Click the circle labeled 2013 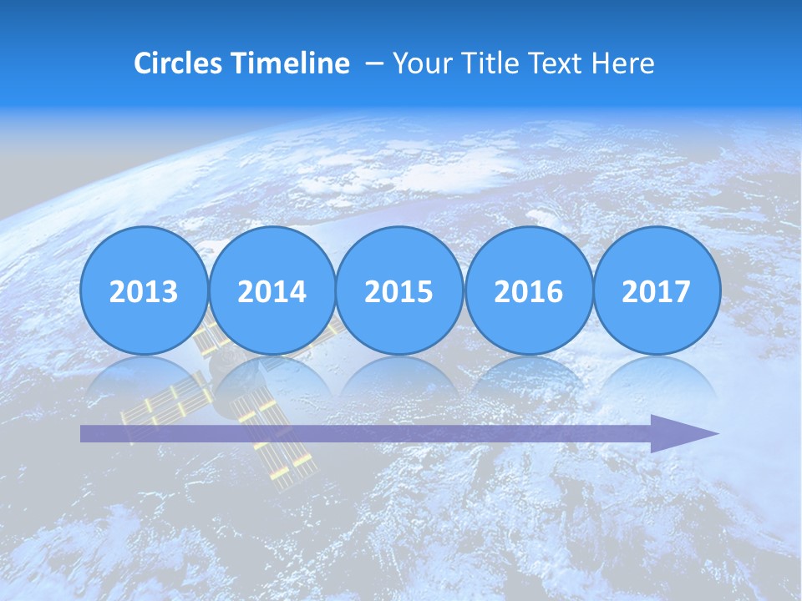[144, 290]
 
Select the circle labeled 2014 [272, 290]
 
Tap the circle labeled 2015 [399, 290]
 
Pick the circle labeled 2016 [528, 290]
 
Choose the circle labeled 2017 [657, 290]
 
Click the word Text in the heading [560, 63]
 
